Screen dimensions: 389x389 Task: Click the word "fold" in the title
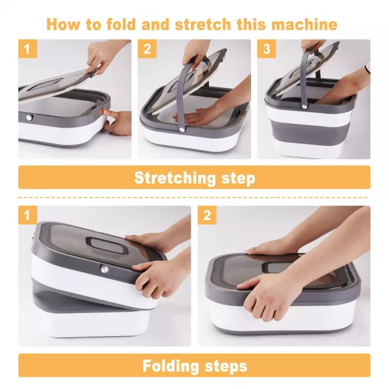[x=121, y=24]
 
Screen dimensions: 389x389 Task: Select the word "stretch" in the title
[x=203, y=24]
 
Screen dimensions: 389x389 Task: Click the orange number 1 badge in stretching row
[x=27, y=49]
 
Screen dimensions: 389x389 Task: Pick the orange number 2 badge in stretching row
[x=147, y=49]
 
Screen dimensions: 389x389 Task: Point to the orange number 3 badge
[x=266, y=49]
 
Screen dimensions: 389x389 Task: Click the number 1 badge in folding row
[x=27, y=215]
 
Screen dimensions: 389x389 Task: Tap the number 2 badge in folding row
[x=207, y=215]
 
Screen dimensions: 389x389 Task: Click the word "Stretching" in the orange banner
[x=175, y=178]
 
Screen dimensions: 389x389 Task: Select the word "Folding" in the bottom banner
[x=170, y=366]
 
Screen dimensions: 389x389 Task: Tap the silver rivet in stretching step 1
[x=30, y=117]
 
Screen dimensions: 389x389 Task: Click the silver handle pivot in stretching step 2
[x=182, y=129]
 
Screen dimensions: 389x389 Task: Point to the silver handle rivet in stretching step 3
[x=304, y=106]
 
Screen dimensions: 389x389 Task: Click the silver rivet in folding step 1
[x=104, y=269]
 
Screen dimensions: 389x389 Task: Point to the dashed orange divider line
[x=193, y=198]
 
